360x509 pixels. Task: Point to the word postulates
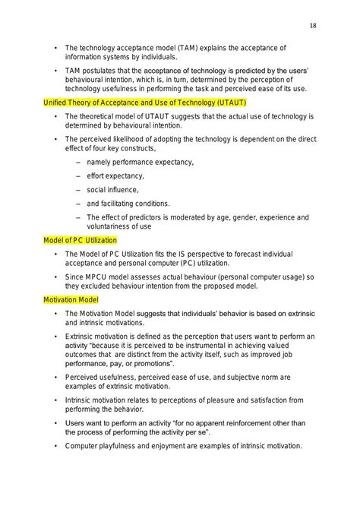[x=106, y=71]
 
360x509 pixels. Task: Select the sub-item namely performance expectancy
[x=140, y=162]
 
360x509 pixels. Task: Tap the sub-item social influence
[x=113, y=189]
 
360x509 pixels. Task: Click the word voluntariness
[x=112, y=226]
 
